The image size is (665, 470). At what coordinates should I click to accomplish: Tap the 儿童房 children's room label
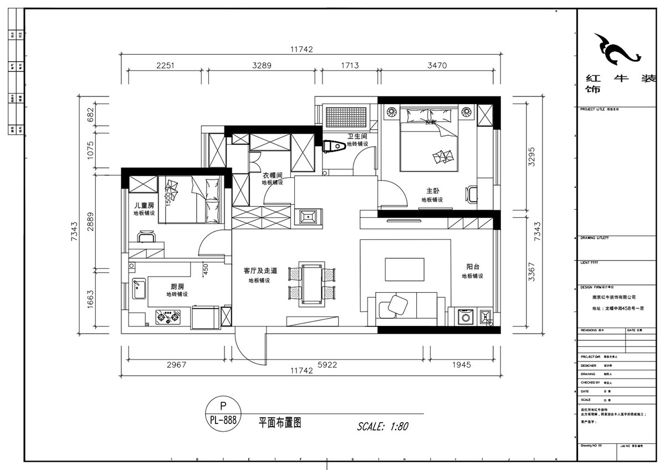click(144, 205)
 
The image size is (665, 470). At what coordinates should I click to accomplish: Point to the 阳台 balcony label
click(473, 267)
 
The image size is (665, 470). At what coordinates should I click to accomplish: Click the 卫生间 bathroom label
click(357, 136)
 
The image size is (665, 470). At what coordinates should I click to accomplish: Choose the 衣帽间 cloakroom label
click(273, 175)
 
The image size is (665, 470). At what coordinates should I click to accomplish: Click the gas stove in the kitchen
click(168, 318)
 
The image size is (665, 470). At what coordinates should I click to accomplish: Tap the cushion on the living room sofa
click(397, 304)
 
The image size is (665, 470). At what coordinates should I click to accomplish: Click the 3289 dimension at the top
click(262, 65)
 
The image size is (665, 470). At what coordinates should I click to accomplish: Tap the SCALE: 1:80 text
click(382, 426)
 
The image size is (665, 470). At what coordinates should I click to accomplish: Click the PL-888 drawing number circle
click(223, 413)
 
